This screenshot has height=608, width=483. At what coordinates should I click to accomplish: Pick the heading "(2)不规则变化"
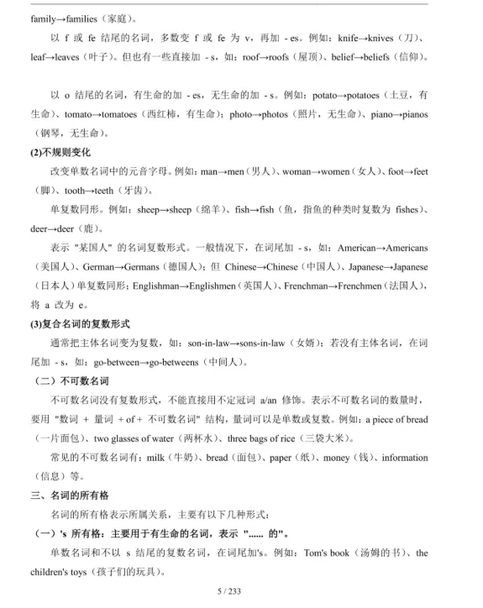click(x=64, y=152)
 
